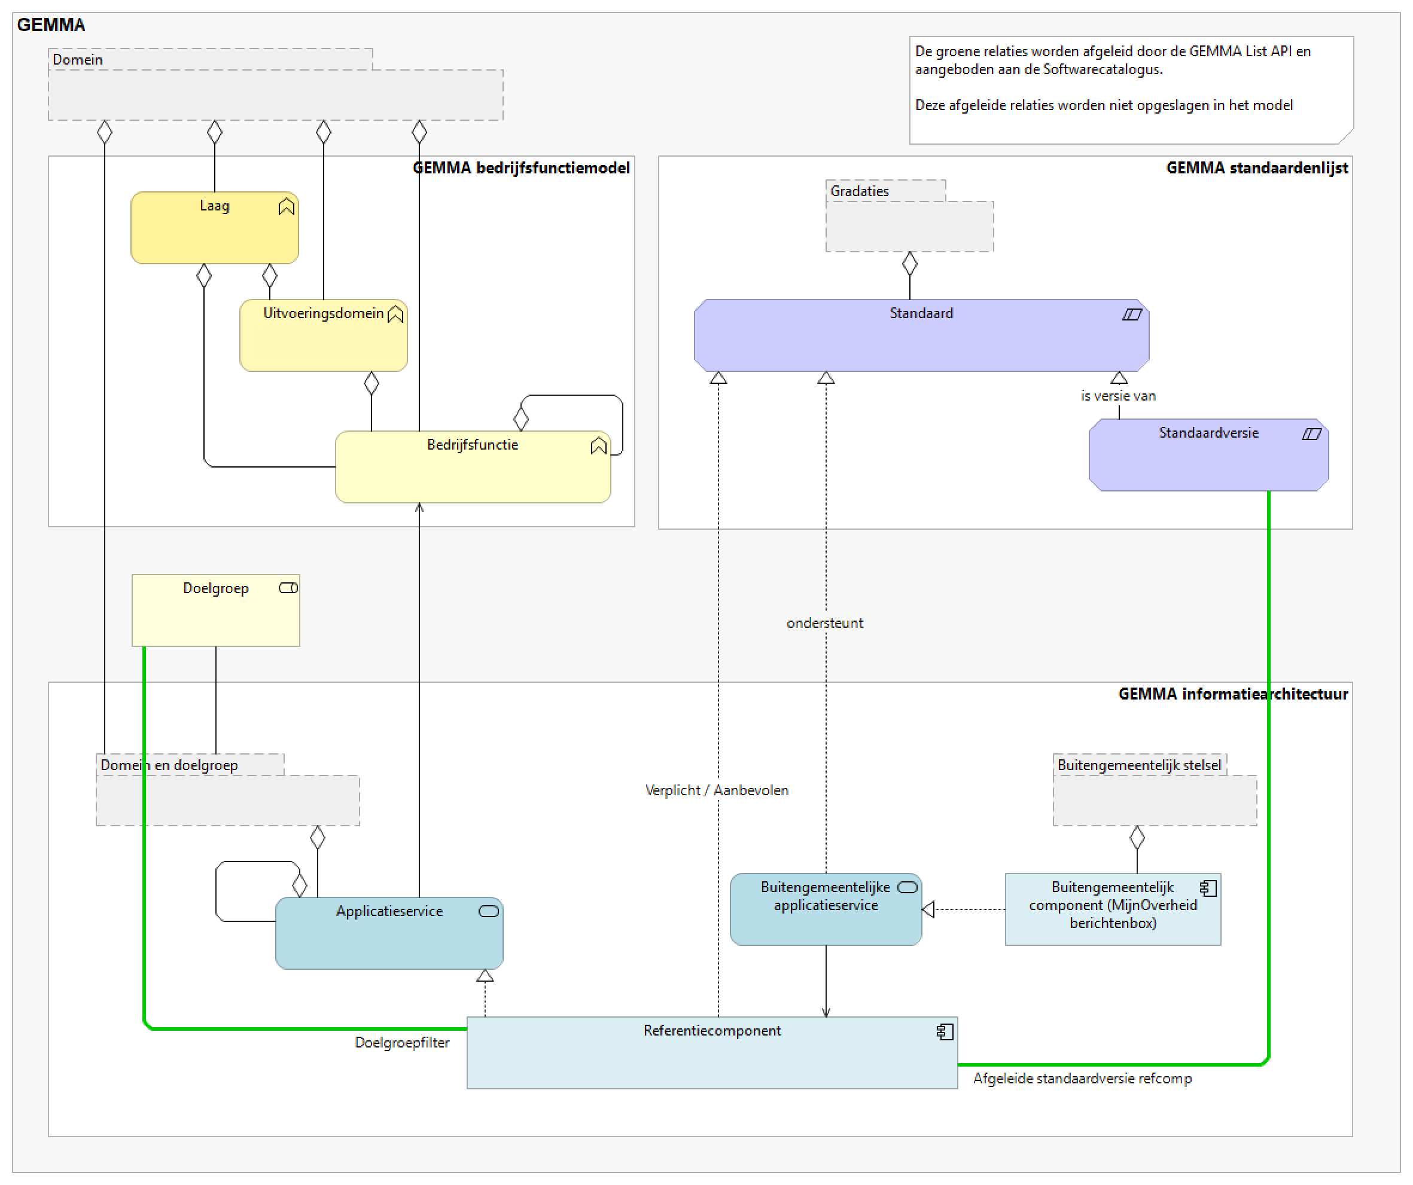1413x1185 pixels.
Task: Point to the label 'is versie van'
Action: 1117,396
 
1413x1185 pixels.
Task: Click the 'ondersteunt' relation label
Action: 824,624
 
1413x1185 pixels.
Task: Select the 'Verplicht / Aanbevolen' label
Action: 716,791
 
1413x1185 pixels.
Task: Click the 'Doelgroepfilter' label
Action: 401,1043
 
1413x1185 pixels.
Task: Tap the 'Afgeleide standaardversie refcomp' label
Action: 1082,1079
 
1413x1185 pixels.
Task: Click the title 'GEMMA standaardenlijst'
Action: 1256,168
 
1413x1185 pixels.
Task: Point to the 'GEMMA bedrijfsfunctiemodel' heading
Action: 521,168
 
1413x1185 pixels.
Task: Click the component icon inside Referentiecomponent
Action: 945,1032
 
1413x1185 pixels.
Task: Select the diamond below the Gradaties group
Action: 910,264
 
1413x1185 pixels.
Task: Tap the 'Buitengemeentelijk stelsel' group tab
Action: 1138,765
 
